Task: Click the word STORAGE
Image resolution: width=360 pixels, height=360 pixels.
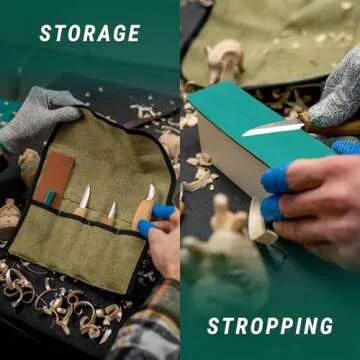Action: (90, 33)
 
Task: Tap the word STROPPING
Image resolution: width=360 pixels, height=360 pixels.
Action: (270, 326)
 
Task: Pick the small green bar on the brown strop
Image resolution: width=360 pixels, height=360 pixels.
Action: (50, 197)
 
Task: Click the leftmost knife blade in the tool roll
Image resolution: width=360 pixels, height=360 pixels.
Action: (85, 197)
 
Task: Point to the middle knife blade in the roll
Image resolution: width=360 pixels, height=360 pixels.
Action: (112, 210)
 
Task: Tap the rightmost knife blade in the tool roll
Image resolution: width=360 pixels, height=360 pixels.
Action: (151, 192)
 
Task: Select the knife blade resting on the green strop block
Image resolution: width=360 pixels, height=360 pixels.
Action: (273, 128)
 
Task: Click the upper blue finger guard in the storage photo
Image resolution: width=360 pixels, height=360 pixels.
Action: (163, 212)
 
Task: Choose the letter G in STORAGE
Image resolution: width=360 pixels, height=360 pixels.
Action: (117, 33)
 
